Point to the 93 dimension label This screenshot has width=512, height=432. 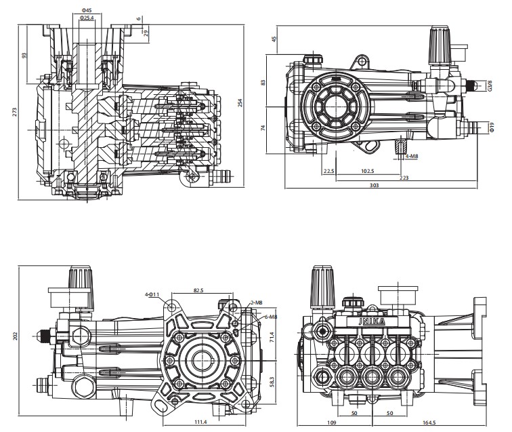tap(25, 55)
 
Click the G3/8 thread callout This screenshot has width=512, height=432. tap(490, 86)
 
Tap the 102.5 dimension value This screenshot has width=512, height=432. tap(368, 170)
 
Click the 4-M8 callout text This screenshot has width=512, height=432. tap(411, 156)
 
